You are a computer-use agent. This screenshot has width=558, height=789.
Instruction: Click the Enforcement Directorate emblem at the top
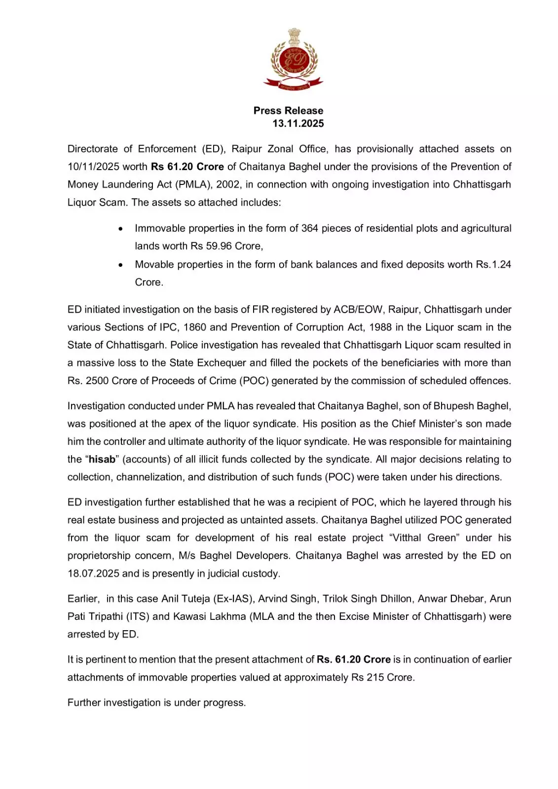click(293, 60)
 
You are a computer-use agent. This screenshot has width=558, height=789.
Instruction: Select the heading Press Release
click(288, 110)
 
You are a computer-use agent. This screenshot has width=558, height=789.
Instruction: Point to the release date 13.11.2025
click(298, 123)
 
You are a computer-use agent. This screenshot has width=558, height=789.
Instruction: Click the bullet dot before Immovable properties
click(121, 229)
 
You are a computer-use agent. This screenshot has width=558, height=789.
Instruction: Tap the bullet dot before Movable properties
click(121, 265)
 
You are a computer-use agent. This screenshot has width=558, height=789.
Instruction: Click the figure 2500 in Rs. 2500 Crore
click(97, 381)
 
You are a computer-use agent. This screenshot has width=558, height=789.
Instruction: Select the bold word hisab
click(102, 460)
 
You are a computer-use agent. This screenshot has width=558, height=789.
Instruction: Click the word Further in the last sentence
click(84, 703)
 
